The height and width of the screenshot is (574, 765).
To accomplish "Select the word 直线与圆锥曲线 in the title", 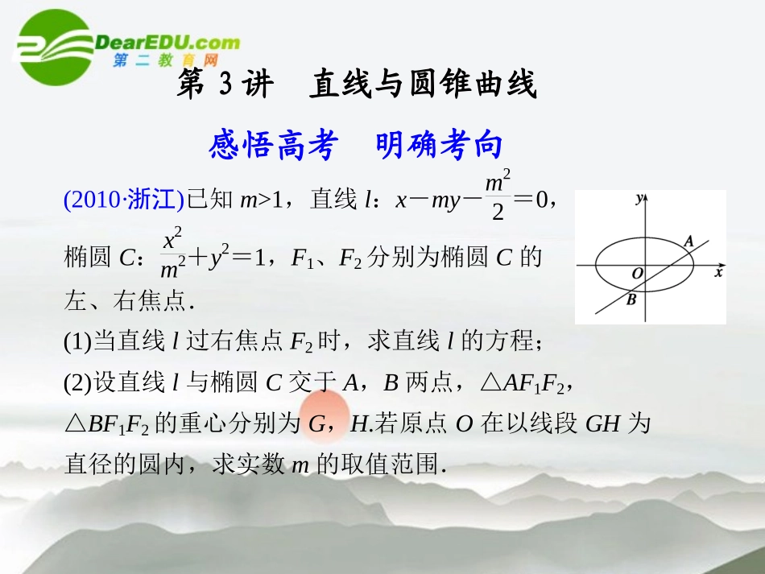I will (x=423, y=85).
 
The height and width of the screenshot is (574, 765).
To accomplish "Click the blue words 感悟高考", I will (x=271, y=146).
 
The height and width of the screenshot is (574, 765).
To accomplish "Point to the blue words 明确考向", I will (x=439, y=146).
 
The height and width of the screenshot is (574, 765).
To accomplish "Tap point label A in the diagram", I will (x=688, y=241).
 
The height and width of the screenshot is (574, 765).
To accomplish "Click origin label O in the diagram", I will (x=637, y=274).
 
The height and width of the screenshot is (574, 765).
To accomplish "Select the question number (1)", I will (x=78, y=342).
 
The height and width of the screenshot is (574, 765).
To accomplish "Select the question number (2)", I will (x=78, y=384).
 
